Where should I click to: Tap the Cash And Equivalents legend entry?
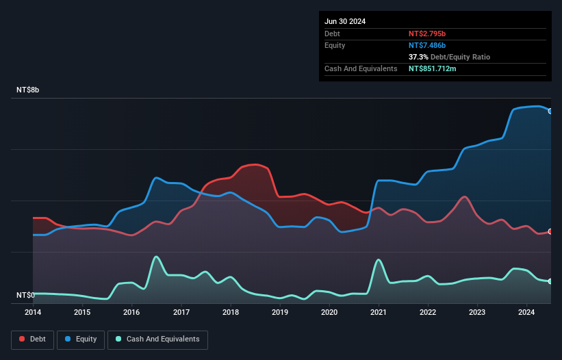[157, 339]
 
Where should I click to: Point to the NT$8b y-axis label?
[28, 90]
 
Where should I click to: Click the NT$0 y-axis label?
[25, 296]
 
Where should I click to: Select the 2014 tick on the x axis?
[33, 313]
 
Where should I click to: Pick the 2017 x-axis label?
[181, 313]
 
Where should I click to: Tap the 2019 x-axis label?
[280, 313]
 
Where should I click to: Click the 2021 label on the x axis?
[379, 313]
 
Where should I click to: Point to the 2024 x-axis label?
[526, 313]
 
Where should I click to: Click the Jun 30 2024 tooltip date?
[345, 21]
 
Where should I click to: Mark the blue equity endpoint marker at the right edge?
[550, 111]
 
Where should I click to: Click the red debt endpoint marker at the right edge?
[550, 231]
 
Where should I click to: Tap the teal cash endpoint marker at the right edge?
[550, 281]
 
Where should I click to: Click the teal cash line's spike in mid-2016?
[157, 257]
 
